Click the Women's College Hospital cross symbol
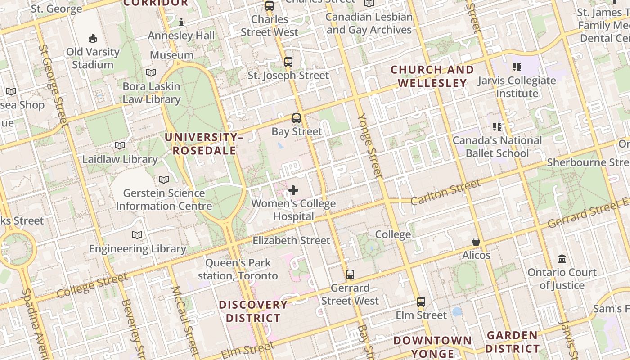[293, 190]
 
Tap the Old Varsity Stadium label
[93, 58]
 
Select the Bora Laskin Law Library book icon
[151, 72]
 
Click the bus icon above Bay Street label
[296, 118]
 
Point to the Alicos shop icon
[476, 242]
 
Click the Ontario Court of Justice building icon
[562, 259]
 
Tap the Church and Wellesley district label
[432, 76]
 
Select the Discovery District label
[253, 311]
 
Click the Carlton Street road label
[445, 192]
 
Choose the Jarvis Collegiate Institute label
[517, 87]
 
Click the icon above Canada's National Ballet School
[497, 127]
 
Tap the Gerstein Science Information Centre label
[164, 200]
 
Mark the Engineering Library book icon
[137, 235]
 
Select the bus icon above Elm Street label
[421, 302]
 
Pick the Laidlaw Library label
[120, 159]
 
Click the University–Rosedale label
[204, 144]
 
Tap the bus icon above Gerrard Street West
[350, 274]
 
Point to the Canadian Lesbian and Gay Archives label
[369, 23]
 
